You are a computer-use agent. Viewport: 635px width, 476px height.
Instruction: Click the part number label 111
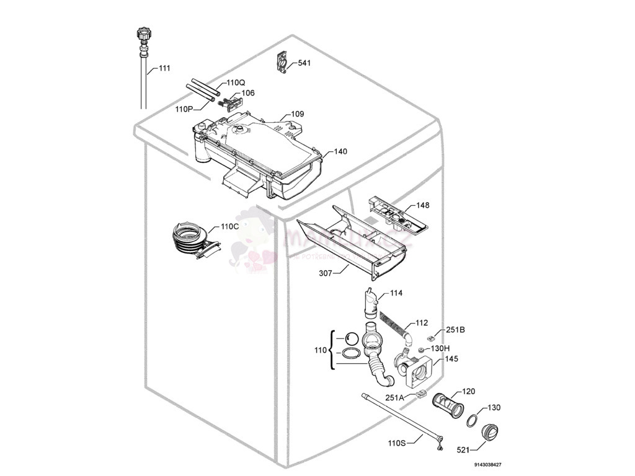click(x=164, y=68)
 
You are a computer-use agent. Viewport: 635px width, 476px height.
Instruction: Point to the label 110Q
click(x=236, y=82)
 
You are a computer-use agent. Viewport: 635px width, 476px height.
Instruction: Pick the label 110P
click(x=184, y=109)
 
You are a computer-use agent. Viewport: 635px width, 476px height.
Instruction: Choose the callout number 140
click(x=340, y=151)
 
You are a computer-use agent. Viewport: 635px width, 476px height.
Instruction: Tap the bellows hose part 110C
click(x=189, y=239)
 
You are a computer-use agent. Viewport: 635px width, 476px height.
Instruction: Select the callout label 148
click(x=422, y=205)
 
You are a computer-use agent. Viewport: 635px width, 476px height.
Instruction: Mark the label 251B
click(x=455, y=330)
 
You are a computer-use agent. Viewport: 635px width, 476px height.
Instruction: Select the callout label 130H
click(x=440, y=348)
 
